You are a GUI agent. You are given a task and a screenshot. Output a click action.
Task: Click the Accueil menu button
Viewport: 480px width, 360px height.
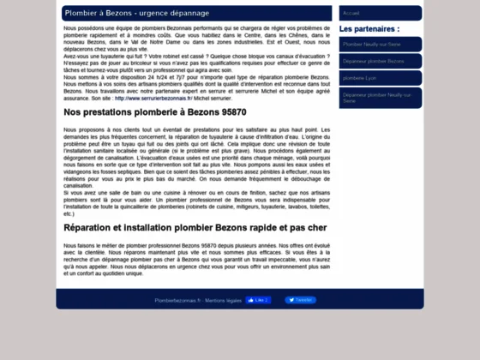351,14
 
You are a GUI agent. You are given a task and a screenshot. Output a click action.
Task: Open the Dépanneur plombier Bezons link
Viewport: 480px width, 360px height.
373,61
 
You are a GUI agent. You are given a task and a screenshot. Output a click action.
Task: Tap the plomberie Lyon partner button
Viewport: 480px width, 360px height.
360,79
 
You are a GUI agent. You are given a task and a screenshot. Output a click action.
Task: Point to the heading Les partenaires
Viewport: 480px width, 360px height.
369,28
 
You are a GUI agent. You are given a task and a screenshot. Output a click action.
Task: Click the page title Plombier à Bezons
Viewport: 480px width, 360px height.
94,14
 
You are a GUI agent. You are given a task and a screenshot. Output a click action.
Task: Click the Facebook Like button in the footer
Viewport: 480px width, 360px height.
258,300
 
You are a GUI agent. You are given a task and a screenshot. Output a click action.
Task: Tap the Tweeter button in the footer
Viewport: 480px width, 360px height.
300,300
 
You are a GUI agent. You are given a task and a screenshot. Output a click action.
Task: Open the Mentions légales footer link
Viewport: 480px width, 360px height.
222,301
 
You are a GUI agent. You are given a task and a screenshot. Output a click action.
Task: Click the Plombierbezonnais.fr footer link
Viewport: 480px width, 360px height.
177,301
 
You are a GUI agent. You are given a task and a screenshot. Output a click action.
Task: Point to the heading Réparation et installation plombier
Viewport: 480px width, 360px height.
195,228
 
